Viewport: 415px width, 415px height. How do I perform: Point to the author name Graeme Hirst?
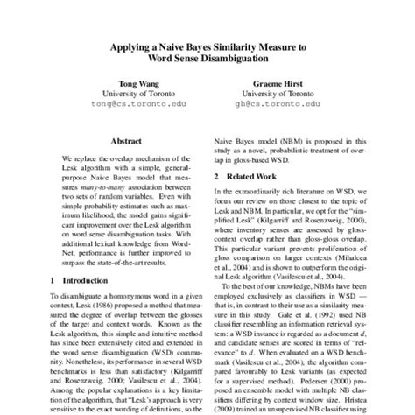(x=276, y=88)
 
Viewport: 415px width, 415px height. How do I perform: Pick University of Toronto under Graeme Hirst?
(x=276, y=98)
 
